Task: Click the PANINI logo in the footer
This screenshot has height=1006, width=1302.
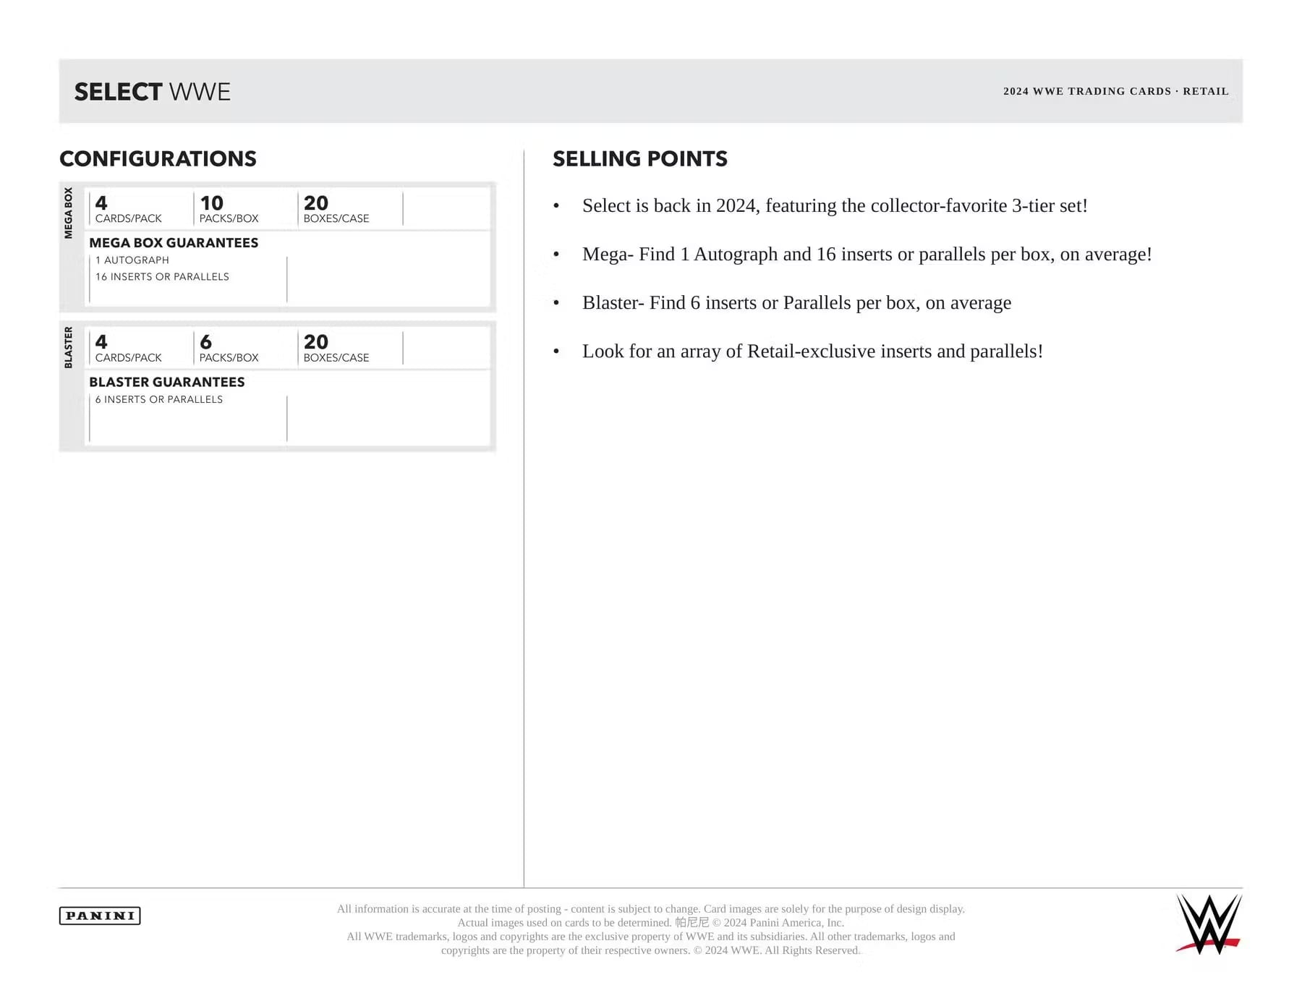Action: click(x=100, y=916)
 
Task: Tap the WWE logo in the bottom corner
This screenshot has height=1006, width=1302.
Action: click(x=1209, y=924)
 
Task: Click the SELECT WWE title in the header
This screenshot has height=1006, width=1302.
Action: click(x=152, y=92)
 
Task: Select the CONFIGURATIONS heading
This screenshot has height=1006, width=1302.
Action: click(x=158, y=159)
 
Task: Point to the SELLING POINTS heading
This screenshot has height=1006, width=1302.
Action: click(x=639, y=159)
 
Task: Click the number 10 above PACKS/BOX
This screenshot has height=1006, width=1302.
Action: click(x=211, y=203)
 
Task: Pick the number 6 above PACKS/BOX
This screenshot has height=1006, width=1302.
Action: click(x=205, y=342)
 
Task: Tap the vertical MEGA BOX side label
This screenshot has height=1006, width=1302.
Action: click(x=69, y=213)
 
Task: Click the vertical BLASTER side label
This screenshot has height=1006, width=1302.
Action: click(x=69, y=347)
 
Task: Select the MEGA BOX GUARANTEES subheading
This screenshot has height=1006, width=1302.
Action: click(x=174, y=243)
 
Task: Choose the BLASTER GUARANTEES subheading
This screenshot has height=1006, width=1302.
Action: click(x=167, y=382)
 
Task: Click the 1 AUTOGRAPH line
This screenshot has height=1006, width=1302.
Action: click(x=132, y=260)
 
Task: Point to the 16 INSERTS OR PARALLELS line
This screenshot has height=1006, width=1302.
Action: click(x=162, y=277)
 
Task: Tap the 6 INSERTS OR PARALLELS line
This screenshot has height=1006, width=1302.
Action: click(x=159, y=399)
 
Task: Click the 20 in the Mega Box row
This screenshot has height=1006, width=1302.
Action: click(x=316, y=203)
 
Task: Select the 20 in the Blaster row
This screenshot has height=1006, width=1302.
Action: click(x=316, y=342)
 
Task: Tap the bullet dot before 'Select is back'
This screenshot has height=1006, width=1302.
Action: click(x=556, y=207)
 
